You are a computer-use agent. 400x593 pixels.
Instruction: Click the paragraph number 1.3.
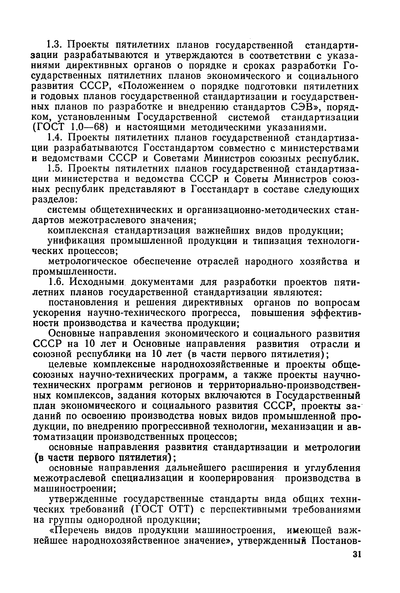point(54,45)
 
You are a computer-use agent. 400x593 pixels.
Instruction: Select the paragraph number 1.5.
point(54,169)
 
